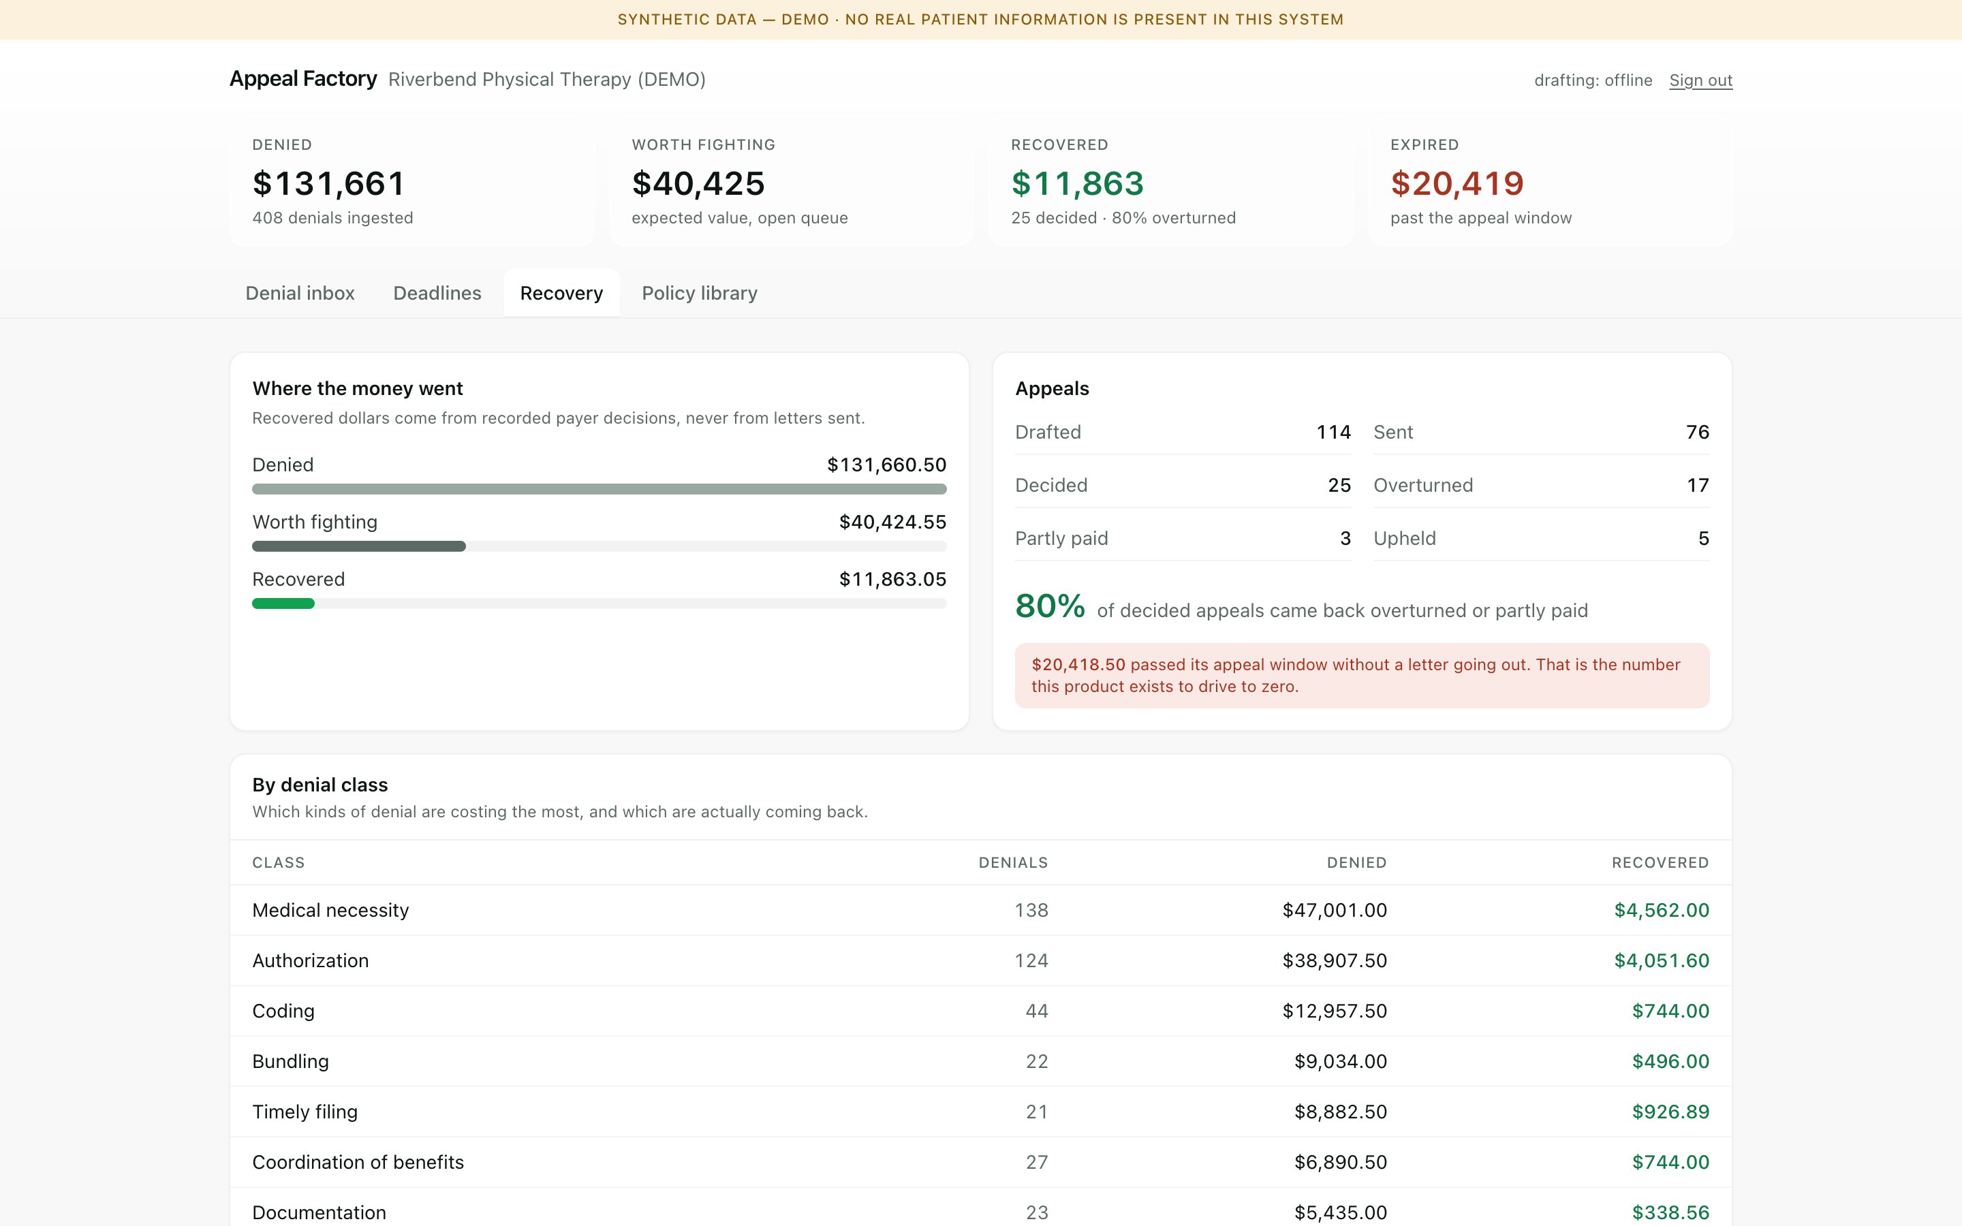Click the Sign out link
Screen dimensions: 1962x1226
pos(1700,80)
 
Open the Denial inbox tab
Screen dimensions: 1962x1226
pos(300,293)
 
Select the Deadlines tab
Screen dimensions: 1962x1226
pos(437,293)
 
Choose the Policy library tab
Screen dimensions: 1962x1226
pos(700,293)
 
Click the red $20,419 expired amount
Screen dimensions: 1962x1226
pos(1457,183)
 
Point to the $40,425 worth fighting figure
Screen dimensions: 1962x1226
pos(698,183)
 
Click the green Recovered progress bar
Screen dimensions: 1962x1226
pos(283,603)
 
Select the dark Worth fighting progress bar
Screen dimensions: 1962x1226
pos(359,546)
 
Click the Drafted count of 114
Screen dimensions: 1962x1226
pos(1334,433)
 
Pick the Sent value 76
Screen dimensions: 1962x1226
pos(1698,433)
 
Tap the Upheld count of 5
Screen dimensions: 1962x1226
pos(1703,538)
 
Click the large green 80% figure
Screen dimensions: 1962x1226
pos(1050,606)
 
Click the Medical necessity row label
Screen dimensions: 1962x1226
pos(330,911)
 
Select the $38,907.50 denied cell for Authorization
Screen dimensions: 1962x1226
pos(1335,961)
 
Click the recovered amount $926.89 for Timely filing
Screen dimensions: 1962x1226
pos(1670,1112)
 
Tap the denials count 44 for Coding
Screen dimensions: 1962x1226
pos(1037,1011)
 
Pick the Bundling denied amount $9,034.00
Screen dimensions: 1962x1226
pos(1340,1061)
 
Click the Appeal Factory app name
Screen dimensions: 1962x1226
pos(303,78)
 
